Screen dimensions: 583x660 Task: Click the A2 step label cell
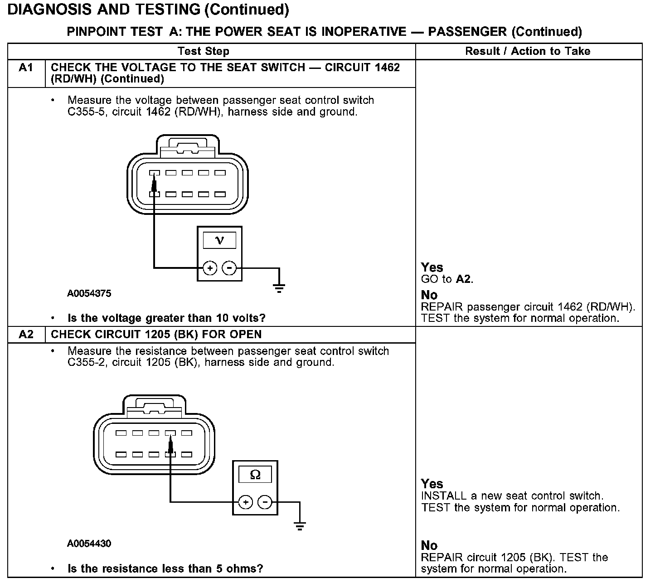tap(26, 335)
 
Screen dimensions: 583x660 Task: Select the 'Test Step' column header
tap(204, 51)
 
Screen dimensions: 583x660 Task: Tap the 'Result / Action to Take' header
tap(528, 51)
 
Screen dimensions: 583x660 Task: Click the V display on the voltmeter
tap(219, 240)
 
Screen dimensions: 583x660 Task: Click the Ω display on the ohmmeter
tap(255, 475)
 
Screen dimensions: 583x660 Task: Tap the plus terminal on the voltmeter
tap(209, 268)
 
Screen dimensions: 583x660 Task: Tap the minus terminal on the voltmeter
tap(230, 268)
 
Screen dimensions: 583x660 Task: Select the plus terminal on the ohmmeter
tap(245, 502)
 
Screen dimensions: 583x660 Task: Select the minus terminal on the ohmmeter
tap(265, 502)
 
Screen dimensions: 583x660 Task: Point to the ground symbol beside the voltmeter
tap(279, 287)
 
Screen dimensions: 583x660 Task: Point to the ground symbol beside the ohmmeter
tap(300, 525)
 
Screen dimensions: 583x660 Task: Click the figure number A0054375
tap(89, 293)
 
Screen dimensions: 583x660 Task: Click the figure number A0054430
tap(89, 544)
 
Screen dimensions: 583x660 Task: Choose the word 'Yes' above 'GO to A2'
tap(432, 267)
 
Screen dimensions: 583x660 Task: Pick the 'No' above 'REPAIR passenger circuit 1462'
tap(429, 295)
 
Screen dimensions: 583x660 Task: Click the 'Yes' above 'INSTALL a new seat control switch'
tap(432, 484)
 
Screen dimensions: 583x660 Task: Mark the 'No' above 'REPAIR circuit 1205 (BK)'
tap(429, 545)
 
